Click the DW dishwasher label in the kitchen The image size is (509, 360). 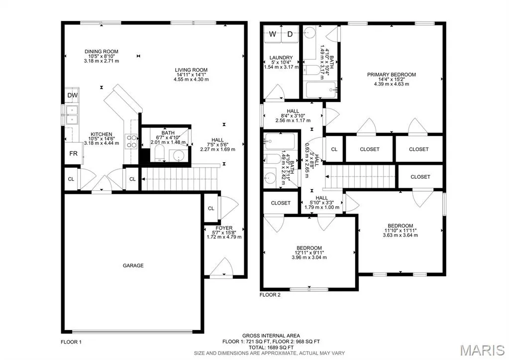pos(72,95)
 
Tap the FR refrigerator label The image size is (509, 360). pos(73,153)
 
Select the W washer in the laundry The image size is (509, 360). pos(272,34)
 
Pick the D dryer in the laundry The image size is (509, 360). pos(290,34)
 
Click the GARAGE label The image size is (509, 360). pos(133,265)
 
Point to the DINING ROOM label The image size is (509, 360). pos(102,51)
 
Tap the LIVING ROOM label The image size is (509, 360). pos(191,70)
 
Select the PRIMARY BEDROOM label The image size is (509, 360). pos(392,74)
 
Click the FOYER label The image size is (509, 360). pos(224,228)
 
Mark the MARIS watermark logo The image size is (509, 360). pos(483,350)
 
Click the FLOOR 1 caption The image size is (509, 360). pos(71,342)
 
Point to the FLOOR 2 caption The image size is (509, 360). pos(270,295)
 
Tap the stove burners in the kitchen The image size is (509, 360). pos(131,141)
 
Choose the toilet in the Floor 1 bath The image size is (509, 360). pos(159,153)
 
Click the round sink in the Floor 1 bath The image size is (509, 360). pos(178,156)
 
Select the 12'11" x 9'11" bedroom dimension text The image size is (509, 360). pos(309,253)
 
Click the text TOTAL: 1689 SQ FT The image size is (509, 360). pos(271,348)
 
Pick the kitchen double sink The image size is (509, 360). pos(72,115)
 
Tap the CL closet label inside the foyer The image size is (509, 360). pos(211,208)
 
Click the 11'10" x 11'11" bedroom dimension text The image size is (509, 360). pos(400,231)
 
